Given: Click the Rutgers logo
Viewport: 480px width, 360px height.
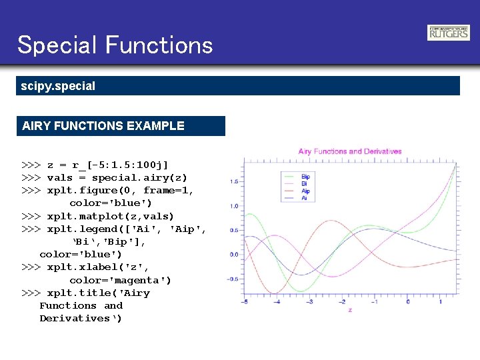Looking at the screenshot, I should click(448, 33).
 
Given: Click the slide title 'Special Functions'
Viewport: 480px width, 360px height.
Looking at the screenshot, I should click(115, 45).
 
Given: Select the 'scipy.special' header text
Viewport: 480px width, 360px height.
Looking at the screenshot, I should click(58, 86).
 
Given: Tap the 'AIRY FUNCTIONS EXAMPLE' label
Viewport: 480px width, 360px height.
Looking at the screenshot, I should click(103, 125).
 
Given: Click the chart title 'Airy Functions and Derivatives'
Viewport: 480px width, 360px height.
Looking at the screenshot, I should click(348, 151).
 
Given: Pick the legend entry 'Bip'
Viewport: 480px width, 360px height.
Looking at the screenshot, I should click(305, 176).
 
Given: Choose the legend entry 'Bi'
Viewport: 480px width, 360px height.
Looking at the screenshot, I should click(304, 183).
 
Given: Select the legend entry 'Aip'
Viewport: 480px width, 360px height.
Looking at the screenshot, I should click(305, 191).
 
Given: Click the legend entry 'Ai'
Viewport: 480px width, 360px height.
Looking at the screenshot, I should click(304, 198).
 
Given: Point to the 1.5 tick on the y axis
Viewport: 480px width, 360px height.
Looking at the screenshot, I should click(235, 181).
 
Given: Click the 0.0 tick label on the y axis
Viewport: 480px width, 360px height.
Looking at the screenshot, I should click(235, 255).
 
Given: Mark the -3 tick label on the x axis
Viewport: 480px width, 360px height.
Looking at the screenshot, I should click(309, 302).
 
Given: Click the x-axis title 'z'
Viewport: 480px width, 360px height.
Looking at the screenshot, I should click(350, 310).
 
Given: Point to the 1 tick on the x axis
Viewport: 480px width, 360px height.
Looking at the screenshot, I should click(440, 302).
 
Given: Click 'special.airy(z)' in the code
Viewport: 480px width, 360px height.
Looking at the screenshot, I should click(139, 178).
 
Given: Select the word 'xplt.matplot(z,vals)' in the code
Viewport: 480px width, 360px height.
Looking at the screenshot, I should click(110, 216).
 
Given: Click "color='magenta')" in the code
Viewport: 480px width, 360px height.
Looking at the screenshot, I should click(120, 280).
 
